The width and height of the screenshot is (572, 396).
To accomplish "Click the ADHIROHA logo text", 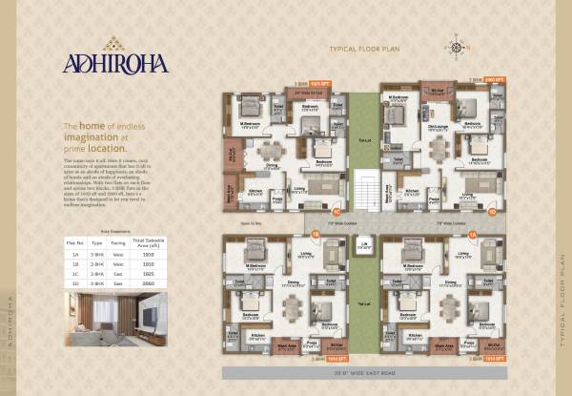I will click(115, 63).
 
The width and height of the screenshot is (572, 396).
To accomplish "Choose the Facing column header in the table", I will click(117, 244).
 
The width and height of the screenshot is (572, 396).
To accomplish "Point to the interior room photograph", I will click(115, 318).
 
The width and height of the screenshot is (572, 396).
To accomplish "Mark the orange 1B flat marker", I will click(316, 233).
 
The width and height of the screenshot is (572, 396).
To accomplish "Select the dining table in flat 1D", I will click(439, 149).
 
